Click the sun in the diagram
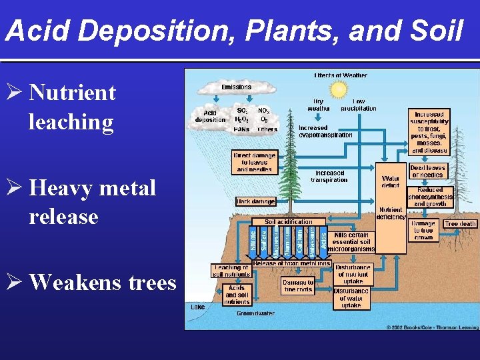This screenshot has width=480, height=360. (x=339, y=89)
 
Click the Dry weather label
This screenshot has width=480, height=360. (x=315, y=105)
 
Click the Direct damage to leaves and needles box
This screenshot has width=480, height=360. (x=254, y=162)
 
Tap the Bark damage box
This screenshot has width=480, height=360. (x=255, y=201)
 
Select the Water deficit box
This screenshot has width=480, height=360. (x=391, y=181)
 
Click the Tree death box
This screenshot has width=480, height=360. (x=461, y=224)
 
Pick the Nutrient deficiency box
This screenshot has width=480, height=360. (x=391, y=213)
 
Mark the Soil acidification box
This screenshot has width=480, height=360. (x=289, y=221)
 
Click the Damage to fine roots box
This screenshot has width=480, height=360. (x=297, y=286)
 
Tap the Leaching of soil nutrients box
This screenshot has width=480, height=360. (x=231, y=270)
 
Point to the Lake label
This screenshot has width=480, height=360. (x=198, y=307)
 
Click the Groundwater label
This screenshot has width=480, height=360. (x=255, y=313)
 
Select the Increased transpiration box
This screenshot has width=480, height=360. (x=329, y=176)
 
